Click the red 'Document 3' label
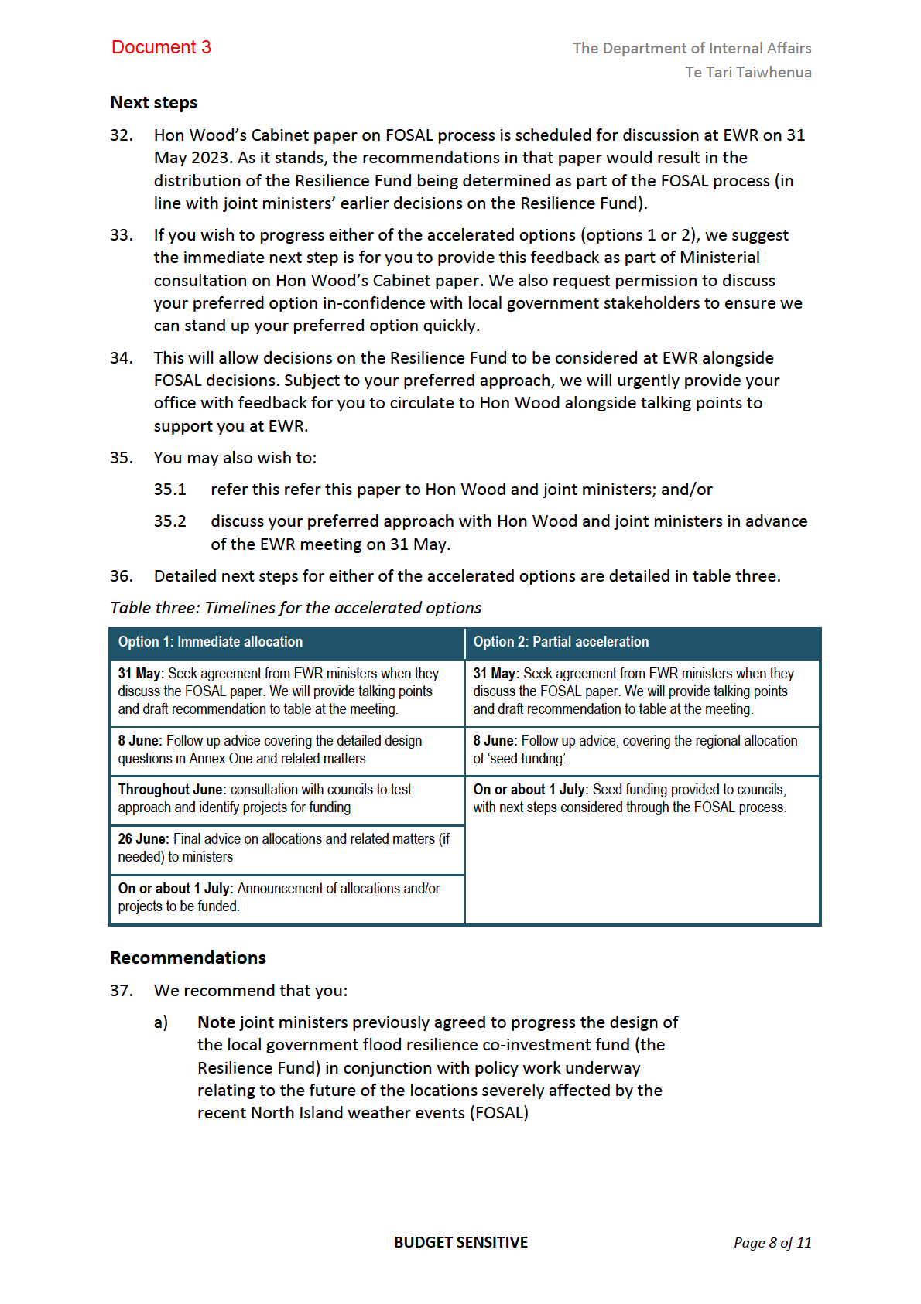tap(161, 47)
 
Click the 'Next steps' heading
tap(153, 103)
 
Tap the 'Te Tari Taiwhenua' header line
tap(748, 72)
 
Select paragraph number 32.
tap(121, 135)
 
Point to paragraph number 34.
tap(121, 358)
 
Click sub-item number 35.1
tap(169, 490)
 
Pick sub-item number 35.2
tap(169, 521)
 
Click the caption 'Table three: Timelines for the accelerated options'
tap(296, 608)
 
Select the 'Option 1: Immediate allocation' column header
tap(210, 642)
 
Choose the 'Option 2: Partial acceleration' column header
tap(560, 642)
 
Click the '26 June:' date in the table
tap(143, 839)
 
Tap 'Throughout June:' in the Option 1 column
tap(172, 790)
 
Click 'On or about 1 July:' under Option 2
tap(531, 790)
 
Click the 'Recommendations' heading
tap(188, 958)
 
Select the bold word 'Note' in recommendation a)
tap(216, 1022)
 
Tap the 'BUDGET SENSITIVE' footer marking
tap(460, 1242)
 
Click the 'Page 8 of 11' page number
tap(772, 1243)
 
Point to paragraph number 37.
tap(121, 991)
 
